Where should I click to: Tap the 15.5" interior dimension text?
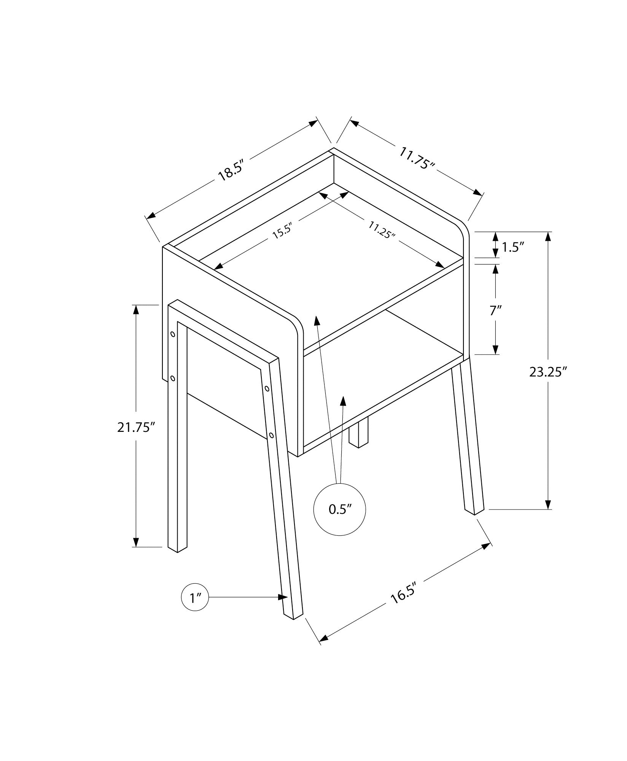pos(282,231)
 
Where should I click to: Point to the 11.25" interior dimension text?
pos(382,229)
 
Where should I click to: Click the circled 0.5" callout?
pos(339,509)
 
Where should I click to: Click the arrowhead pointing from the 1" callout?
pos(283,608)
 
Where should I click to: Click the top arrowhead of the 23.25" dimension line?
pos(548,236)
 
